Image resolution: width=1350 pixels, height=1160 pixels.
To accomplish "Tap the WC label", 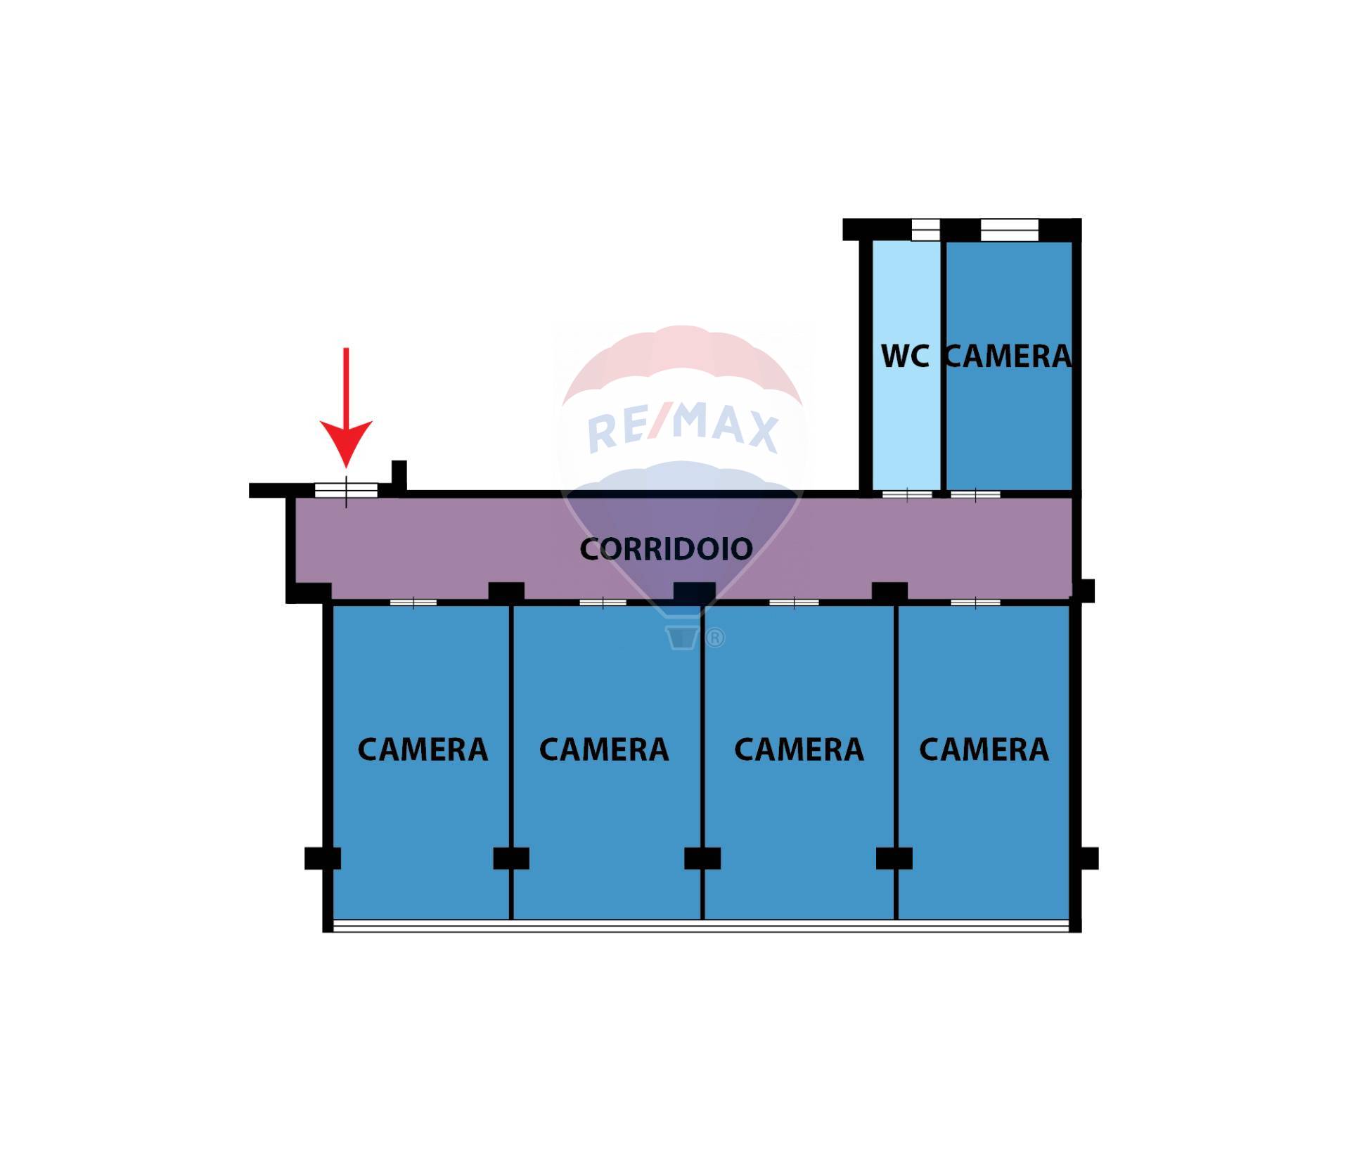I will point(905,356).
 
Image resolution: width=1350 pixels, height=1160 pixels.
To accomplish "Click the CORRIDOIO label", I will point(666,549).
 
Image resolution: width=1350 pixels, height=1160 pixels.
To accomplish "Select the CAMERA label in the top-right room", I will point(1008,356).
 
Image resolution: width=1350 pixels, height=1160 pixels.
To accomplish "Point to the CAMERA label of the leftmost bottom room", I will point(423,749).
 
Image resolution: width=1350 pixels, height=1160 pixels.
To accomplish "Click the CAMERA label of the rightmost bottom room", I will point(984,749).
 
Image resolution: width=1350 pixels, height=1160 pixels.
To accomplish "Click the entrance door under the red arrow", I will point(346,490).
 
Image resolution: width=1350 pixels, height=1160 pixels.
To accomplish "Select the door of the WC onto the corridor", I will point(907,494).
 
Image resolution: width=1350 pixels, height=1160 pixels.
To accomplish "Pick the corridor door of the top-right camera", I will point(975,494).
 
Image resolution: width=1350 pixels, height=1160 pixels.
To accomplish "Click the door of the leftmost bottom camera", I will point(413,602).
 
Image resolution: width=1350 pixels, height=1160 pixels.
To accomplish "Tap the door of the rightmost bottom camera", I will point(975,602).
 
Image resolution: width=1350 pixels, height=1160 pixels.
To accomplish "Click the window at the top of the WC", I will point(925,230).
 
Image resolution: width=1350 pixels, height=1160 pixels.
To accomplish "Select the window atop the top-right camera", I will point(1009,230).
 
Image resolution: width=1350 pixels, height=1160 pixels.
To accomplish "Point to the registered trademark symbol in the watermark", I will point(714,638).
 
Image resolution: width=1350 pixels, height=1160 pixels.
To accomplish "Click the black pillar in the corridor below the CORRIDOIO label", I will point(694,593).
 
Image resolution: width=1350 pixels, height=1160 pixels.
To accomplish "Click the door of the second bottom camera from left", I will point(603,602).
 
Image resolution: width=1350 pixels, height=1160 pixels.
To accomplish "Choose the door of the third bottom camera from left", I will point(794,602).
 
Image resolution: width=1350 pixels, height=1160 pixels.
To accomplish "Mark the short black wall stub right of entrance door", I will point(399,477).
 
